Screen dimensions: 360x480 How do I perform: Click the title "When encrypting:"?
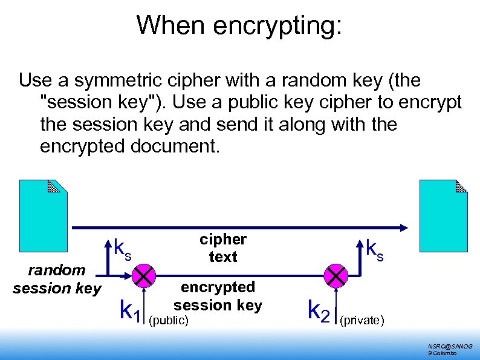click(x=239, y=25)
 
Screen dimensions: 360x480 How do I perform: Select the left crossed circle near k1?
click(x=143, y=277)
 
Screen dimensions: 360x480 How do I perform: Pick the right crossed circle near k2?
click(x=334, y=277)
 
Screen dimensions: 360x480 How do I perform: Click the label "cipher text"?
click(x=223, y=248)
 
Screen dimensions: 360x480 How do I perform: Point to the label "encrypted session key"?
click(x=218, y=296)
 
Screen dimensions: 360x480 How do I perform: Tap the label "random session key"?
click(x=57, y=280)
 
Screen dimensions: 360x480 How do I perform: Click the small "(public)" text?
click(x=169, y=319)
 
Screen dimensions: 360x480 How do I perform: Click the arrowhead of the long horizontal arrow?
click(x=404, y=227)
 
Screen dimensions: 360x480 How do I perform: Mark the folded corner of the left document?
click(x=54, y=186)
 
